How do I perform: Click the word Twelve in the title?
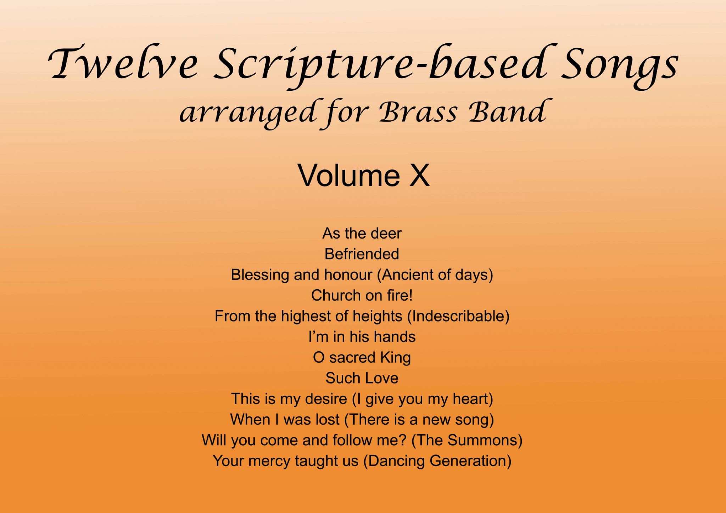click(x=122, y=63)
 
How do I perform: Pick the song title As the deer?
click(x=362, y=233)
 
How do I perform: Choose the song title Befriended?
click(x=362, y=254)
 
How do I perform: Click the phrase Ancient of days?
click(x=435, y=275)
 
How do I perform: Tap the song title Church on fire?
click(x=362, y=295)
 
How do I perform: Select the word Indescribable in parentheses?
click(x=458, y=316)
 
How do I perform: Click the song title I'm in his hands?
click(x=362, y=337)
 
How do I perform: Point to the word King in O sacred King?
click(x=396, y=358)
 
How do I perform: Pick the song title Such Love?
click(x=362, y=378)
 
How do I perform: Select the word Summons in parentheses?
click(x=482, y=440)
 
